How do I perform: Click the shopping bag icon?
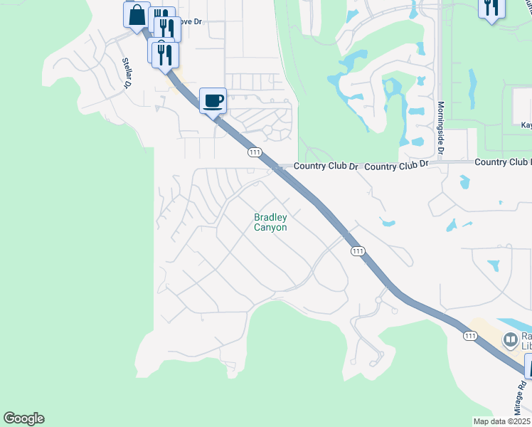pos(136,14)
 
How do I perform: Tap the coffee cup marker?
pos(213,100)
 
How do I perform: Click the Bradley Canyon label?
pos(270,222)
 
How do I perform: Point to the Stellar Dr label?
pos(128,73)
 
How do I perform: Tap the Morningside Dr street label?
pos(440,127)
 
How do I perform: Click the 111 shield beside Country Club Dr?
pos(255,152)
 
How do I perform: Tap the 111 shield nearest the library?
pos(470,335)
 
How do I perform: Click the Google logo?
pos(23,418)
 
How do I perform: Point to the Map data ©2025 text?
pos(501,421)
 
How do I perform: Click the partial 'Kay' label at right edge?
pos(526,125)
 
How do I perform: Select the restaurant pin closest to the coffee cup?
pos(165,55)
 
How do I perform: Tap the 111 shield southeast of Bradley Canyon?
pos(358,251)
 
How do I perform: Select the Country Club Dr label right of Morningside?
pos(501,162)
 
